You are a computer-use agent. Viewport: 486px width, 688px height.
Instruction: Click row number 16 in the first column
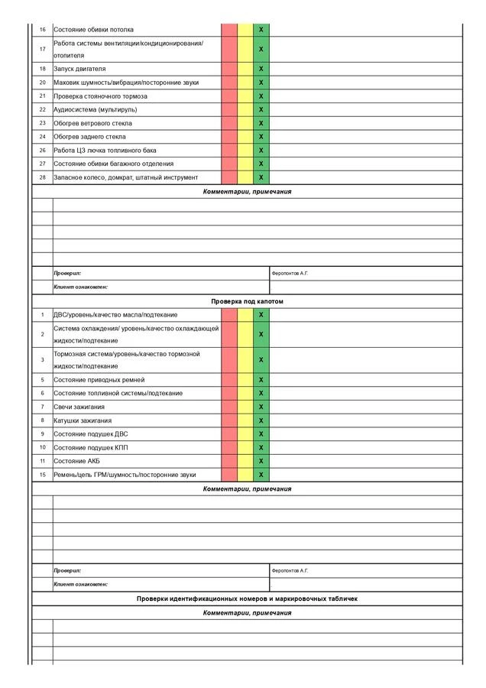coord(43,29)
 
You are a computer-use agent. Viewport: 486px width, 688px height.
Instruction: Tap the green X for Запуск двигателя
coord(261,69)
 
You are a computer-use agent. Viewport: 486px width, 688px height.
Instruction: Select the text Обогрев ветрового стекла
coord(92,123)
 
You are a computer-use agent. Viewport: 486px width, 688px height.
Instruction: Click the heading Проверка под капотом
coord(247,301)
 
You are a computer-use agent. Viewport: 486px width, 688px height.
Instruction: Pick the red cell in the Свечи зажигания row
coord(229,407)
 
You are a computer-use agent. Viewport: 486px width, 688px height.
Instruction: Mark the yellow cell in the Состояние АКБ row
coord(245,461)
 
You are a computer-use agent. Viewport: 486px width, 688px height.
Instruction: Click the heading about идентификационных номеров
coord(247,599)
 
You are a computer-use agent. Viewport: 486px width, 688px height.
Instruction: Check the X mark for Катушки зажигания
coord(261,420)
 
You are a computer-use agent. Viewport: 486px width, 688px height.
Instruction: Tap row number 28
coord(43,177)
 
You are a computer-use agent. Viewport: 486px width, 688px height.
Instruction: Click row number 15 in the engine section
coord(43,475)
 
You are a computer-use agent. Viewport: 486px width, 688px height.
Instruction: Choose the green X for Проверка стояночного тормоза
coord(261,96)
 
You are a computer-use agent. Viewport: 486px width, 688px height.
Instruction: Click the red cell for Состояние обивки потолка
coord(229,29)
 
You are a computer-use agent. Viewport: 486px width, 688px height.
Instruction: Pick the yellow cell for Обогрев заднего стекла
coord(245,137)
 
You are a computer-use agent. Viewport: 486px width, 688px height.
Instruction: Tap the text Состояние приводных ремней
coord(99,379)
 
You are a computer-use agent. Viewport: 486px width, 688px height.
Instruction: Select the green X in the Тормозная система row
coord(261,359)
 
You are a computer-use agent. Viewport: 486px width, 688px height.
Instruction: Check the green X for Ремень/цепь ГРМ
coord(261,475)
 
